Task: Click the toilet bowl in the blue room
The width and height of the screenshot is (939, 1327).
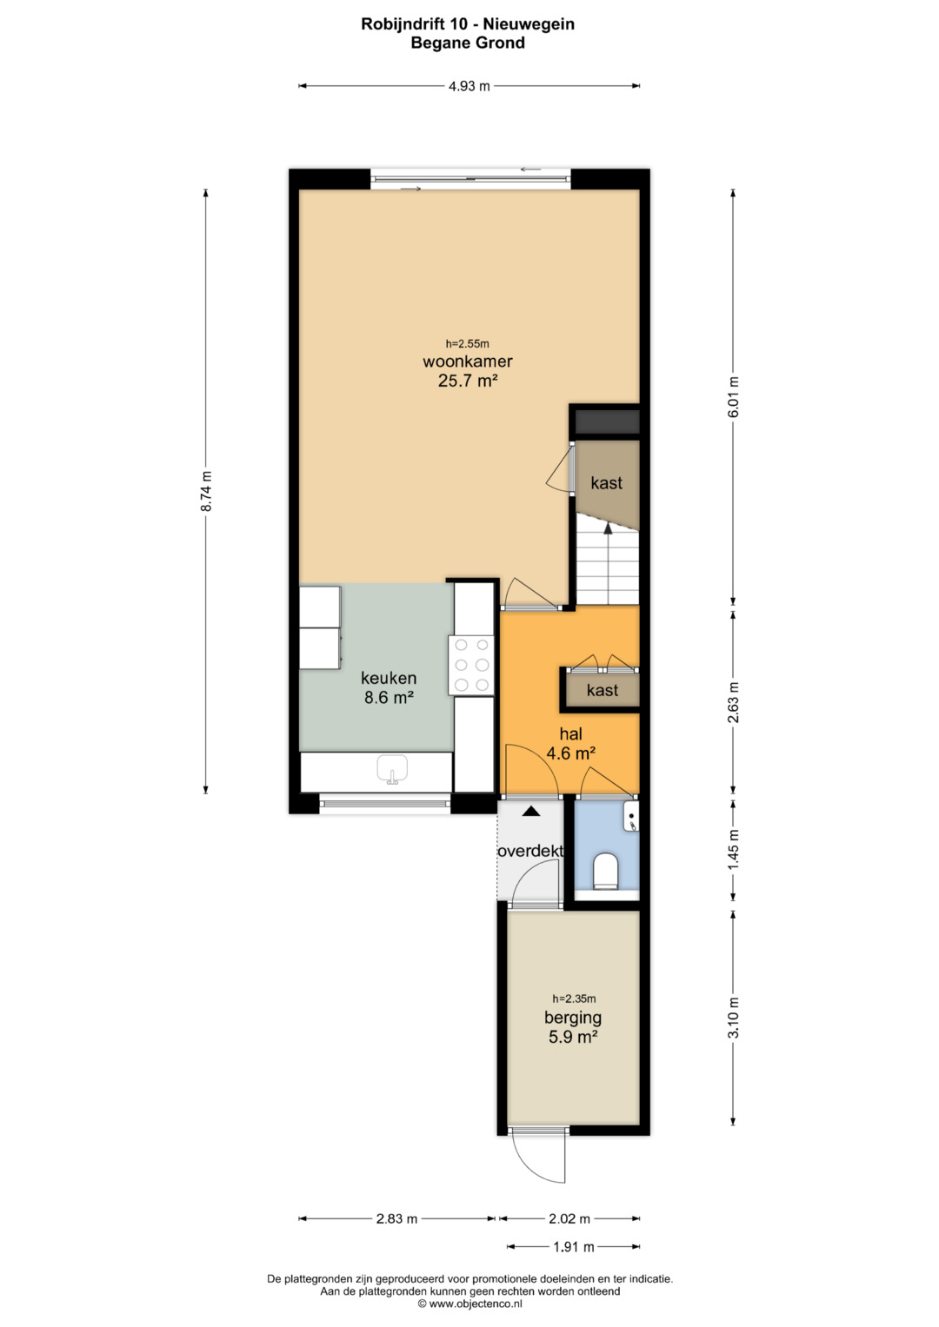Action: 605,871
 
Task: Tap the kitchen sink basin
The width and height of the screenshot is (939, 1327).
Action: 392,769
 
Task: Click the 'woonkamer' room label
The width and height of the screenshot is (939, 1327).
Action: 467,361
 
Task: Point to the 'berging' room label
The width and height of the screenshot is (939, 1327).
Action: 573,1018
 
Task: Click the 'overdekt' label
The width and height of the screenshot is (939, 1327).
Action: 530,851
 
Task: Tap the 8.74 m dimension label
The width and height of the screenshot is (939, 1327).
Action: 206,491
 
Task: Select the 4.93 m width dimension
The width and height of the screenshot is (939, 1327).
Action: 469,86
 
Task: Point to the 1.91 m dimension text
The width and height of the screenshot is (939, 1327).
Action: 573,1247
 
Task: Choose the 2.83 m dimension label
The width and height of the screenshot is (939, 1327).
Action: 396,1218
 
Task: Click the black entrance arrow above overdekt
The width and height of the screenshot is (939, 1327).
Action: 531,812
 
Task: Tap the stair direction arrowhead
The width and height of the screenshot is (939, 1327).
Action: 608,529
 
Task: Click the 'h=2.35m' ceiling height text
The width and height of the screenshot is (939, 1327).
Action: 574,999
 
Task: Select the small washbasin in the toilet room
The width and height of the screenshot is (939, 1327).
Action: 630,816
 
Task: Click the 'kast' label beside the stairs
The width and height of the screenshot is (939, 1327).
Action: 607,483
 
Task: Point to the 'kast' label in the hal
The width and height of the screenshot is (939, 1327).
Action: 603,690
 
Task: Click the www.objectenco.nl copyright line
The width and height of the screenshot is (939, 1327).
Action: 469,1304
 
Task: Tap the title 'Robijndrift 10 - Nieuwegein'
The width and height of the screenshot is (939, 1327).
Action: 468,24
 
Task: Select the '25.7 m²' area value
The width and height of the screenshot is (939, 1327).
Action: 467,381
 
